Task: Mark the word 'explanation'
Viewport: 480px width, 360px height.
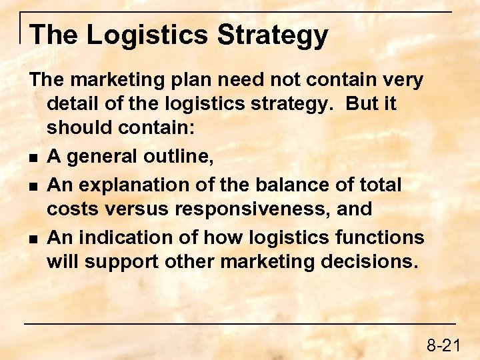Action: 143,184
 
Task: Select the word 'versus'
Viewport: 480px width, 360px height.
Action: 137,210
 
